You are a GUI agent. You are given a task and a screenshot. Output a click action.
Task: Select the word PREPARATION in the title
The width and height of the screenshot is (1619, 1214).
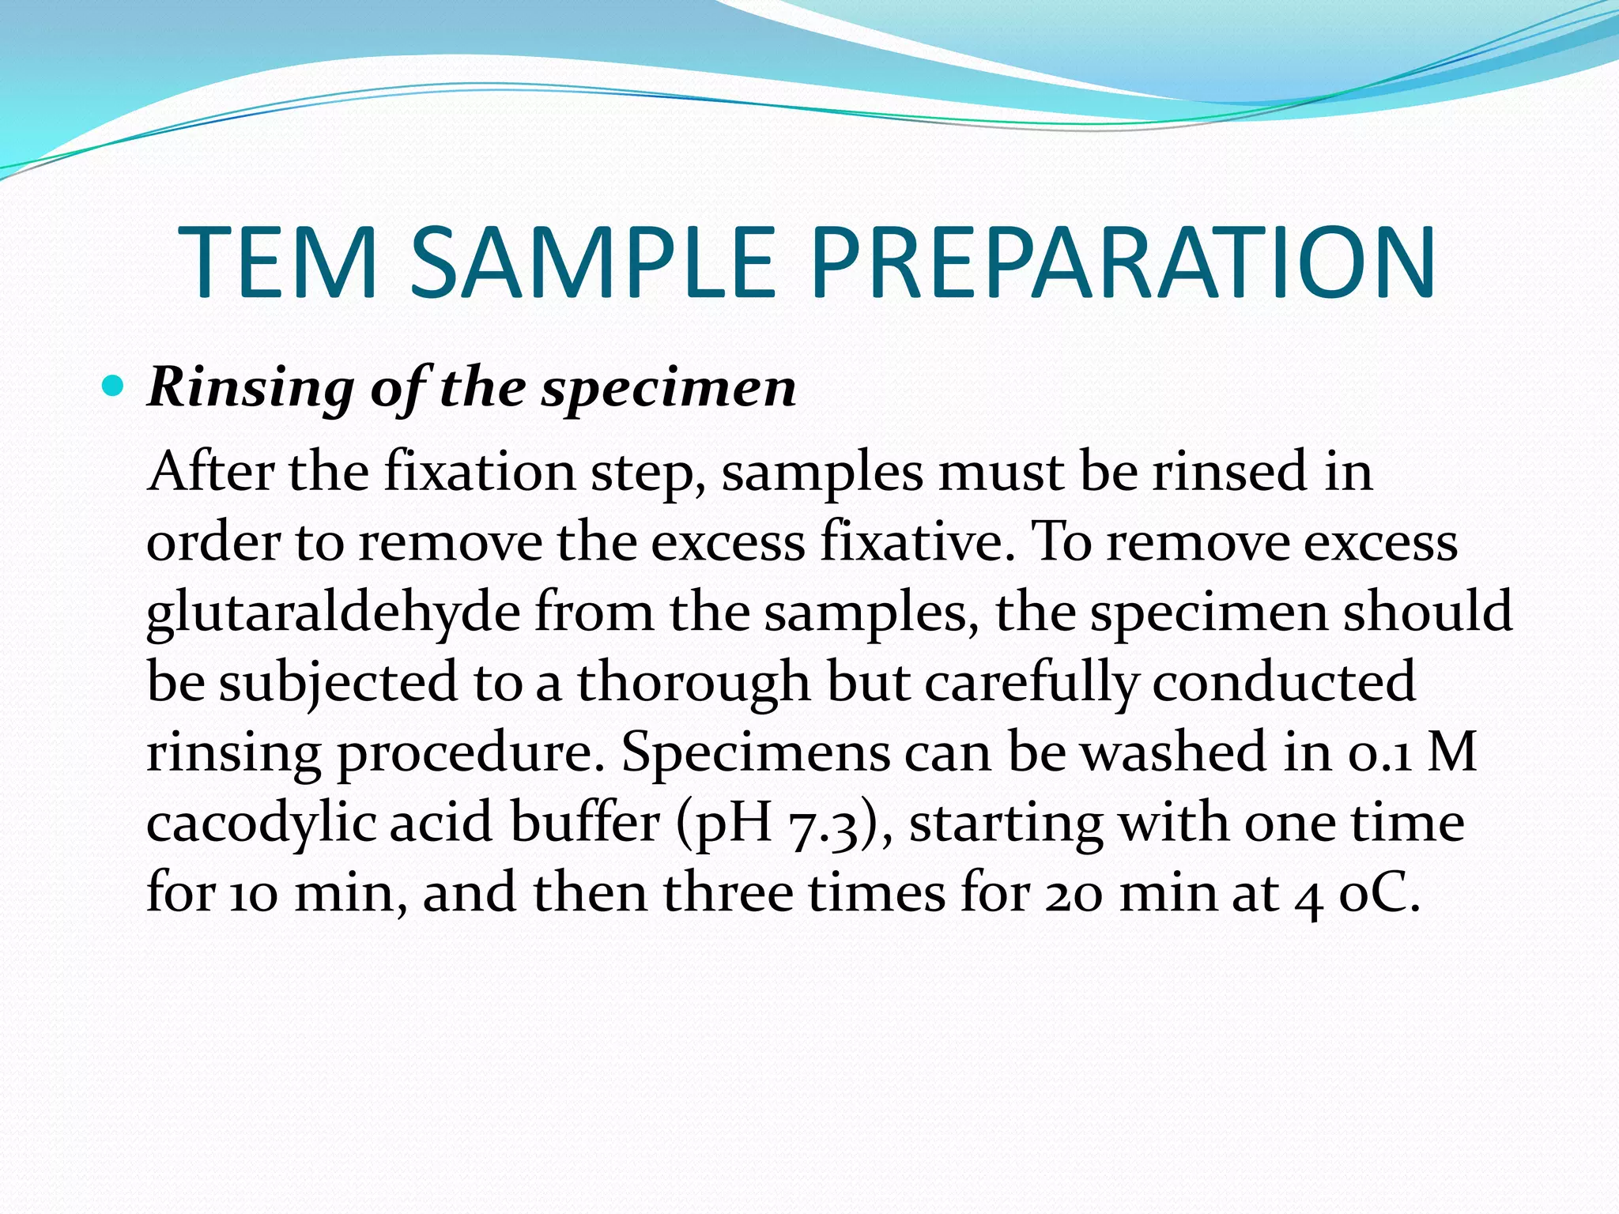point(1123,263)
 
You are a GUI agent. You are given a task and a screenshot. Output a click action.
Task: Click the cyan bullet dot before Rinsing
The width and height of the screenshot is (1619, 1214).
point(114,386)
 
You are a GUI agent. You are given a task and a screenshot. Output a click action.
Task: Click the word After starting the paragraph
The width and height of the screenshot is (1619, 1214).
point(211,472)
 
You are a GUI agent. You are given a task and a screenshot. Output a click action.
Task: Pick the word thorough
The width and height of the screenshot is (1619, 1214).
point(693,683)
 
